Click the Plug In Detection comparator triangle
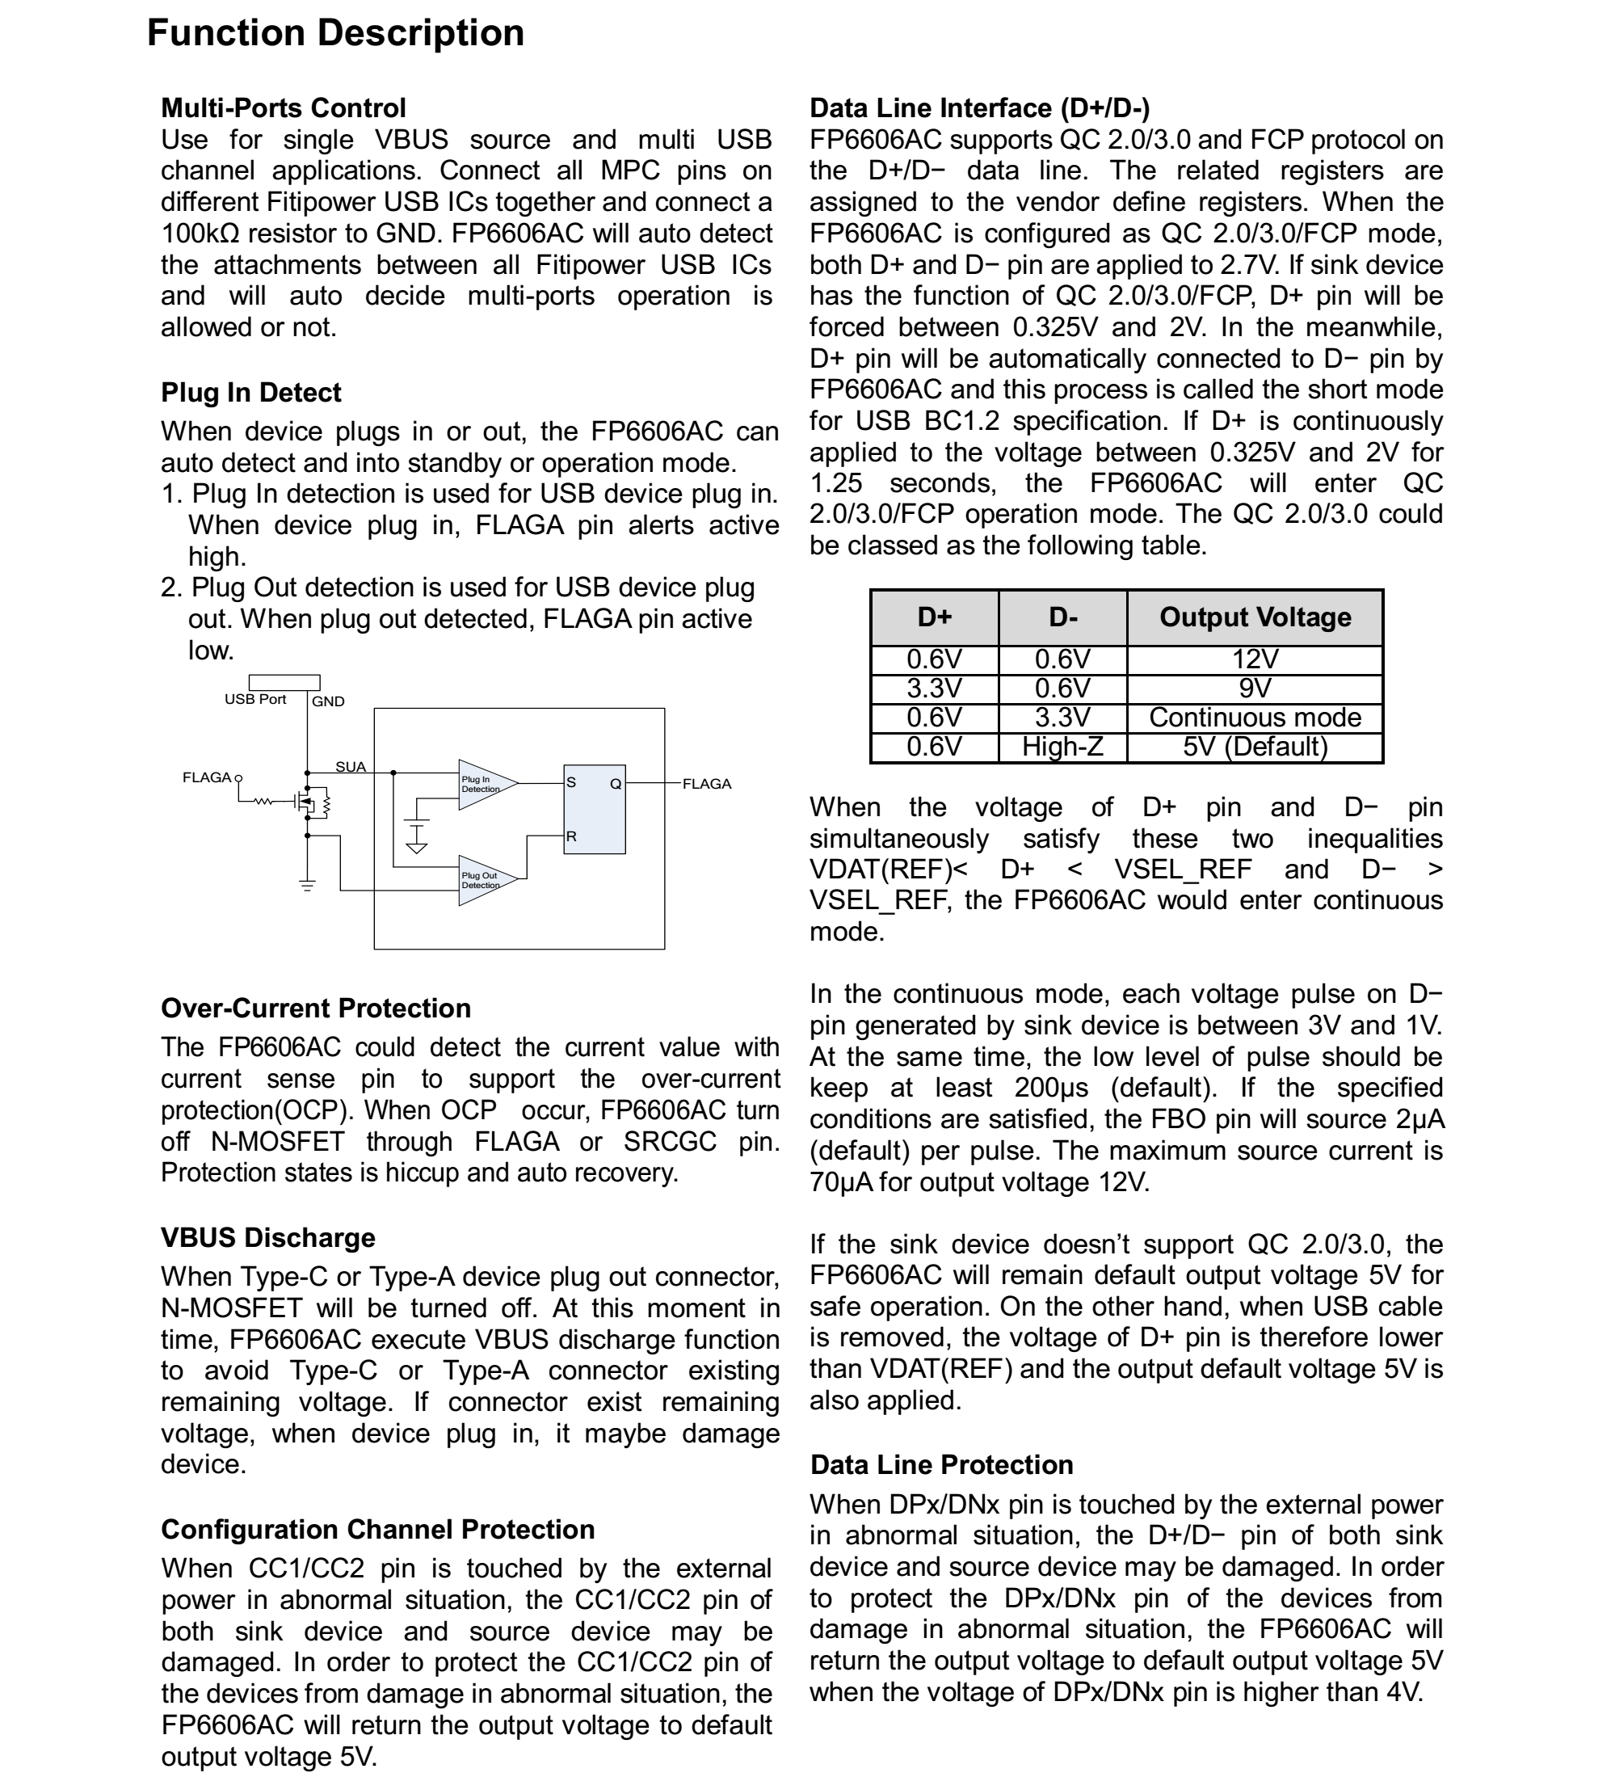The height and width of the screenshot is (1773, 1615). (484, 785)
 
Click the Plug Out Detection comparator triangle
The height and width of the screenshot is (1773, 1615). (484, 880)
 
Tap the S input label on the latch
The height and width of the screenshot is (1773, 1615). (571, 781)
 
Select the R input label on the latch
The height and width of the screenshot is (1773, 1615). (571, 836)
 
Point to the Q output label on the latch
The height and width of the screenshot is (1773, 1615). (616, 783)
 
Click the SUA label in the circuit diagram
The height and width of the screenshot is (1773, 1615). (350, 767)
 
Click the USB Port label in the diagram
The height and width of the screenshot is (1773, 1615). (255, 699)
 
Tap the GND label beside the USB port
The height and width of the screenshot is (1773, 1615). (328, 701)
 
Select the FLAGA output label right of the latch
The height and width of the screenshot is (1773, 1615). (707, 784)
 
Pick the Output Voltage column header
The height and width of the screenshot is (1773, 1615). (1255, 617)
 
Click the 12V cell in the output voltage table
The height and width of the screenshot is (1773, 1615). (1255, 659)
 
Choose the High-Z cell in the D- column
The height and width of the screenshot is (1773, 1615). (1062, 747)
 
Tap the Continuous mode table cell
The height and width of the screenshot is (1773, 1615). (1255, 718)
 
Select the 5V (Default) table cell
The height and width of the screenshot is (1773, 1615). (1255, 747)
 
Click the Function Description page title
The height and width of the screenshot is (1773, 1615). (335, 33)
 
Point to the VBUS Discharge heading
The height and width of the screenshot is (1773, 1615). (267, 1237)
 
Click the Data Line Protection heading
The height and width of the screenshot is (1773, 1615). (940, 1464)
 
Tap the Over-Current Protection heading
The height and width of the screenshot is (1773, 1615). (316, 1008)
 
